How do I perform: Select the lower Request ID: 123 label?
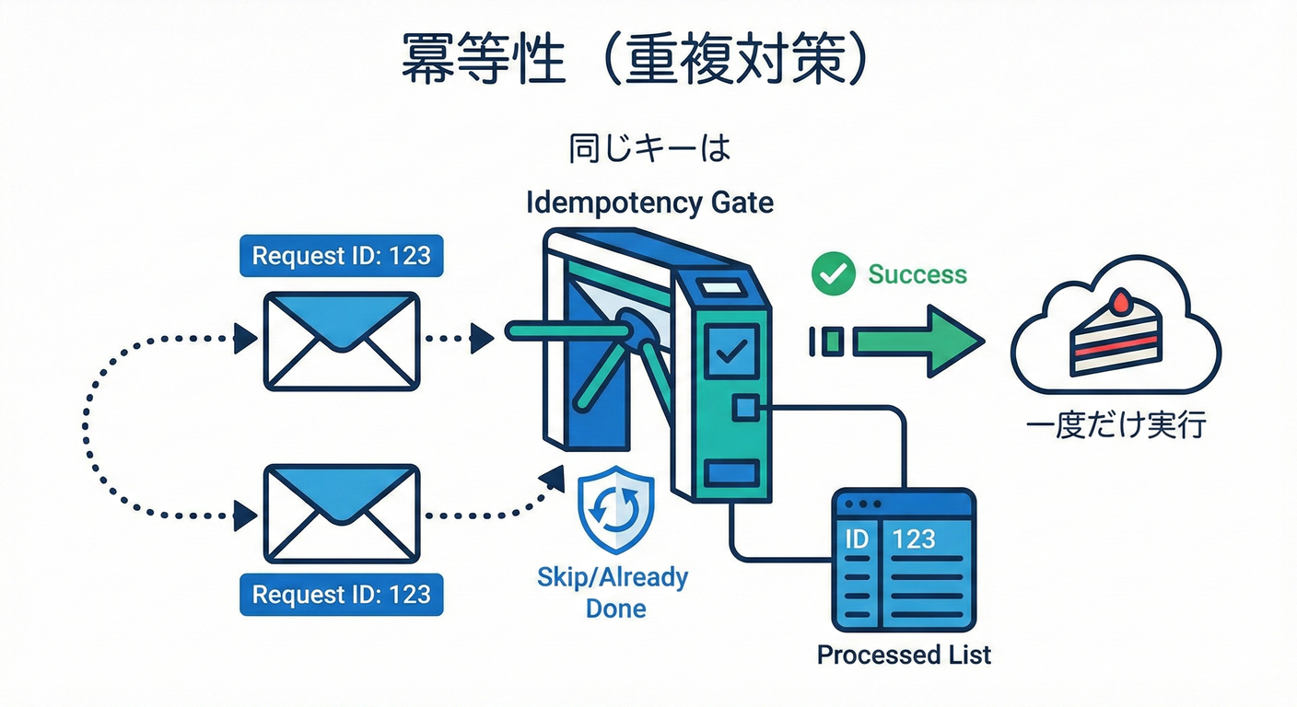pyautogui.click(x=341, y=594)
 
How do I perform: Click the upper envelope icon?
pyautogui.click(x=342, y=341)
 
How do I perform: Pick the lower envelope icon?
pyautogui.click(x=342, y=513)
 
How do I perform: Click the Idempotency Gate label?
pyautogui.click(x=649, y=203)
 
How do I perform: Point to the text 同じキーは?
pyautogui.click(x=648, y=149)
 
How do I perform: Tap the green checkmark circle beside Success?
pyautogui.click(x=834, y=274)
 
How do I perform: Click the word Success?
pyautogui.click(x=917, y=274)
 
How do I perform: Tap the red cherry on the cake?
pyautogui.click(x=1120, y=299)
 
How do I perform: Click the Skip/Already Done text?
pyautogui.click(x=613, y=592)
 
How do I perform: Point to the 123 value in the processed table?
pyautogui.click(x=914, y=539)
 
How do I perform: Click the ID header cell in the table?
pyautogui.click(x=857, y=539)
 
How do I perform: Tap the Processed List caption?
pyautogui.click(x=904, y=655)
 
